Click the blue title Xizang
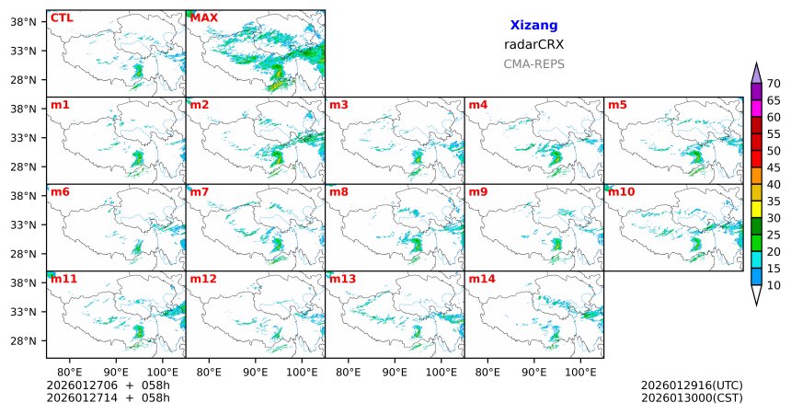(x=533, y=26)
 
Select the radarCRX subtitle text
(x=533, y=44)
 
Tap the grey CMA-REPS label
(x=533, y=64)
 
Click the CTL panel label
(x=62, y=17)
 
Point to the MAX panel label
(x=204, y=17)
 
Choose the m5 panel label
(x=617, y=105)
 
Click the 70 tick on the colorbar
(x=774, y=84)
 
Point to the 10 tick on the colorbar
(x=774, y=286)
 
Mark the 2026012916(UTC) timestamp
(x=692, y=385)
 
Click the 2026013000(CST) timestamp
(x=692, y=397)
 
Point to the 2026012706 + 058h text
(x=109, y=385)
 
